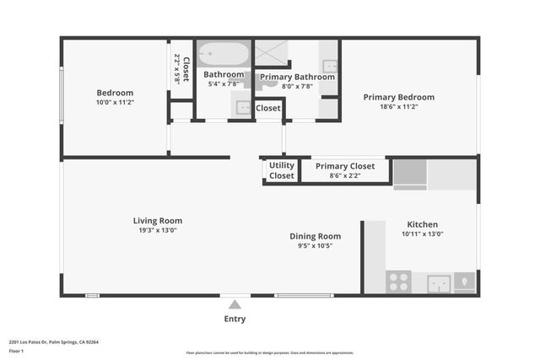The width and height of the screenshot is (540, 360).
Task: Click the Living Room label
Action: click(160, 221)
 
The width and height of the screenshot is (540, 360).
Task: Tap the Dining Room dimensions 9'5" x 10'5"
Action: click(316, 245)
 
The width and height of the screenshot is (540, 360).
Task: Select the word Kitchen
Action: click(422, 224)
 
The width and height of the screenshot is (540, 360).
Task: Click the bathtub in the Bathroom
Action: click(224, 55)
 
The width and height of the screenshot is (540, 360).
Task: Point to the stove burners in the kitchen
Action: click(398, 282)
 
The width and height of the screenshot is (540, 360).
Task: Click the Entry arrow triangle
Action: click(235, 304)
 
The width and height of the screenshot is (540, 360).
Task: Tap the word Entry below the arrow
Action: click(235, 319)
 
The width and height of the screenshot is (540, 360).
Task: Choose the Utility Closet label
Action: click(282, 170)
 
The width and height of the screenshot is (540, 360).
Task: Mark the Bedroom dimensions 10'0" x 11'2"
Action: click(115, 102)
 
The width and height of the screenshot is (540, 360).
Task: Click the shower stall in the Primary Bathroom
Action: click(273, 53)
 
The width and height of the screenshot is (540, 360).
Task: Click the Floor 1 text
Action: click(16, 351)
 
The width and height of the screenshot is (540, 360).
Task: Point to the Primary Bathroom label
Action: click(297, 77)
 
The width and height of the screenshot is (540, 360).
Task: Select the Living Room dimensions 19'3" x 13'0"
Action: click(160, 230)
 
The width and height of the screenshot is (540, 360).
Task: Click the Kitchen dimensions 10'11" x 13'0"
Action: click(422, 234)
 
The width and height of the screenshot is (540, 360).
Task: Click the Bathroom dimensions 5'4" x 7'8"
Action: click(224, 84)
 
